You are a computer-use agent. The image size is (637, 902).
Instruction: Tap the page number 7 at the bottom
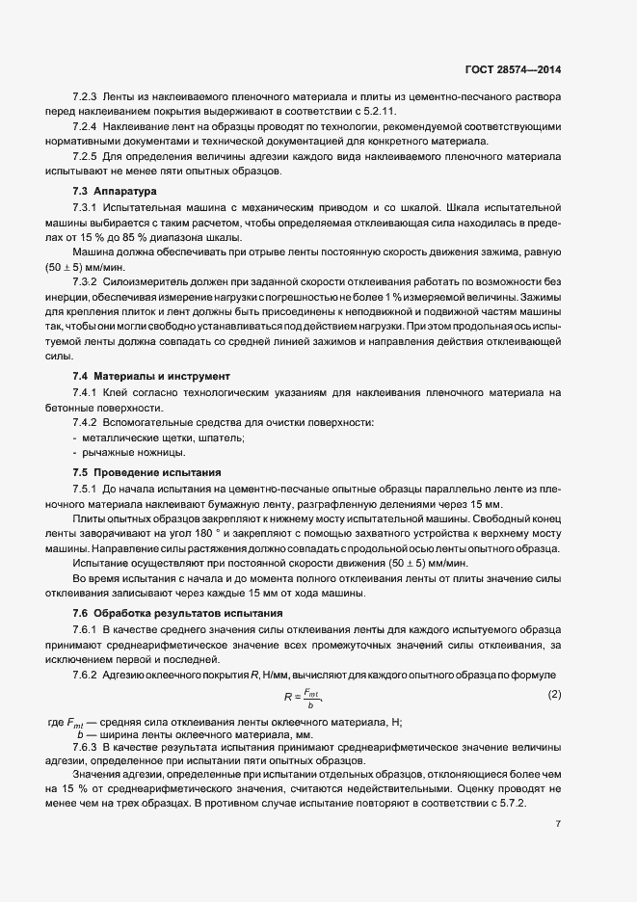tap(560, 824)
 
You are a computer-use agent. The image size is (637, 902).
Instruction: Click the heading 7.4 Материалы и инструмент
tap(148, 375)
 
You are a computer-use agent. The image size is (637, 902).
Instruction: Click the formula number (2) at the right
tap(554, 695)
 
